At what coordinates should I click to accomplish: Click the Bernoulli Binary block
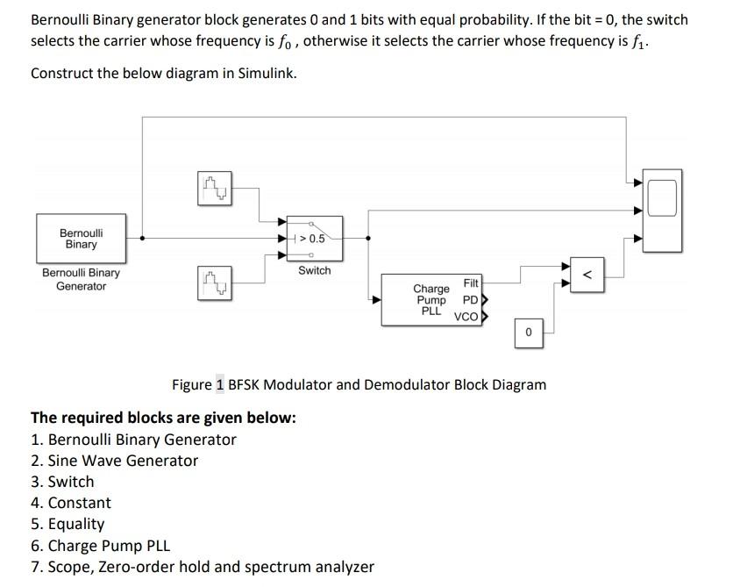click(x=81, y=238)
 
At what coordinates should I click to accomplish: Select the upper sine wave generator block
click(x=214, y=187)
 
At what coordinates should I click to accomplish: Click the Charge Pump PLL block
click(x=431, y=300)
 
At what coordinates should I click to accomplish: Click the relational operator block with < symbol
click(x=588, y=274)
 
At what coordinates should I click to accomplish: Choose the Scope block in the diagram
click(x=663, y=197)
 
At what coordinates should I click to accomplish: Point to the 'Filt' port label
click(x=471, y=283)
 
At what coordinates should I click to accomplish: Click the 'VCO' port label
click(x=466, y=317)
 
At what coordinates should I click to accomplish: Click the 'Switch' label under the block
click(x=314, y=270)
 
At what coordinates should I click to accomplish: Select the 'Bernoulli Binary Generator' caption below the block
click(x=81, y=279)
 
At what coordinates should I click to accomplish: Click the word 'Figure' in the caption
click(x=191, y=384)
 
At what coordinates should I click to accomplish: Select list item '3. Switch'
click(x=62, y=482)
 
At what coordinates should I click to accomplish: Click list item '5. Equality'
click(x=68, y=524)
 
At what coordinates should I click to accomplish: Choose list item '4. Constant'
click(x=71, y=503)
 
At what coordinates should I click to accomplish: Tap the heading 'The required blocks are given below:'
click(x=163, y=418)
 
